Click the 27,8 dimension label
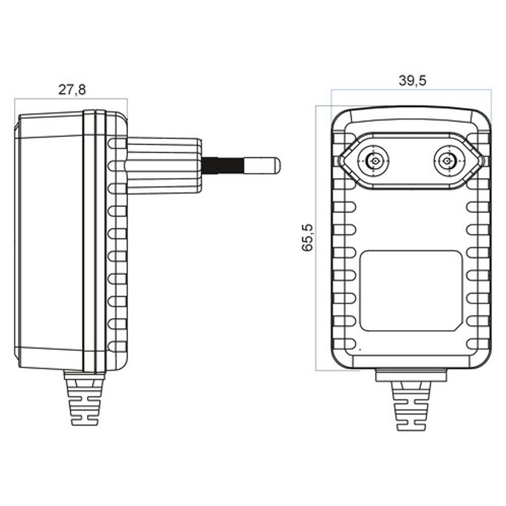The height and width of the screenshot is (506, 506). pyautogui.click(x=72, y=90)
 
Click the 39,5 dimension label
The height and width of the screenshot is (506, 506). pyautogui.click(x=412, y=80)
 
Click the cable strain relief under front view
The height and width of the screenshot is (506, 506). pyautogui.click(x=411, y=405)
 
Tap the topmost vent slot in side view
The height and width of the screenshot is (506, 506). pyautogui.click(x=117, y=144)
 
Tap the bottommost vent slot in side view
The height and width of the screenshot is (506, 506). pyautogui.click(x=117, y=347)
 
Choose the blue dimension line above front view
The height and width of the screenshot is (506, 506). pyautogui.click(x=411, y=90)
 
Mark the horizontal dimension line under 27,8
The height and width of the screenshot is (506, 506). pyautogui.click(x=71, y=99)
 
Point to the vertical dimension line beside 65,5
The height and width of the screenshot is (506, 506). pyautogui.click(x=316, y=238)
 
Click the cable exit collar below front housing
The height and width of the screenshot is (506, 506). pyautogui.click(x=411, y=375)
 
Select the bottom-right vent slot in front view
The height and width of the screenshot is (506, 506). pyautogui.click(x=477, y=344)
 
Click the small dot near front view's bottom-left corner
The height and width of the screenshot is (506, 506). pyautogui.click(x=359, y=350)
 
